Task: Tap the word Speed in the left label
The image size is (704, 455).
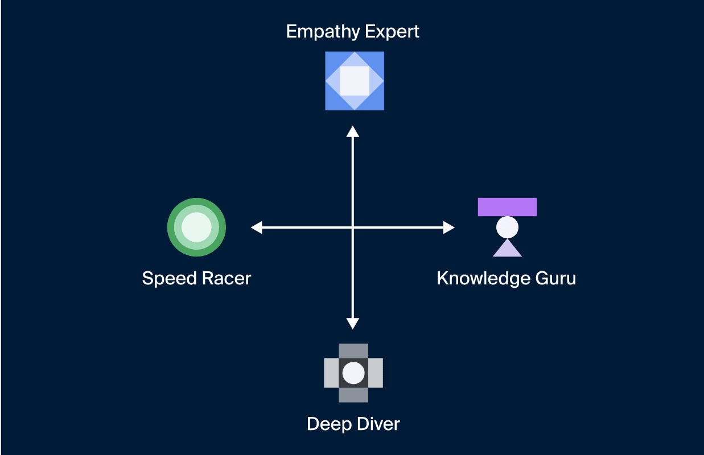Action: tap(170, 279)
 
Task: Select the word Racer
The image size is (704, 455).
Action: tap(227, 278)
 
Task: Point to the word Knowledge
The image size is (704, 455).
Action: tap(483, 279)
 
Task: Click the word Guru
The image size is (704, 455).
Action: tap(555, 278)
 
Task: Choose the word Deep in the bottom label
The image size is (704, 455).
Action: tap(330, 424)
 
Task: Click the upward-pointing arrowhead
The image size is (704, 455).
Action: tap(353, 131)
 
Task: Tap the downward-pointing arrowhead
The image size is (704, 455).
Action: tap(353, 324)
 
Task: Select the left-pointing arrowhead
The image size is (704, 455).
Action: tap(257, 227)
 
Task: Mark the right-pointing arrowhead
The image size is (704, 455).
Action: tap(449, 227)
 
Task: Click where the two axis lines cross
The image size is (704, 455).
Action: tap(353, 227)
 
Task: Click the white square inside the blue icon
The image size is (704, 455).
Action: tap(355, 81)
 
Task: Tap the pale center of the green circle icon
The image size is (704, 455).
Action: tap(196, 227)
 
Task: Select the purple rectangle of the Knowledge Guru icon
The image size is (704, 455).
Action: tap(507, 207)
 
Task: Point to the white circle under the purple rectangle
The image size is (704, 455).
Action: tap(507, 227)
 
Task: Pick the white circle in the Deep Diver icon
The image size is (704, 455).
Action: tap(353, 373)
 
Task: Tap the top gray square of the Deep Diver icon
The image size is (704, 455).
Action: tap(353, 351)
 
